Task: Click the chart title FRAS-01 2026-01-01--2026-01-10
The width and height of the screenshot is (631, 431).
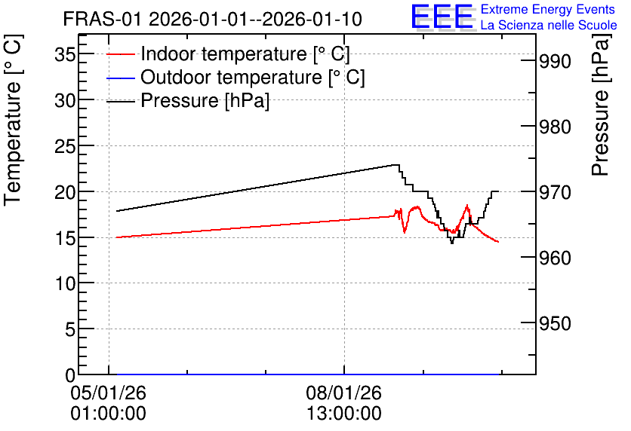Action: tap(213, 20)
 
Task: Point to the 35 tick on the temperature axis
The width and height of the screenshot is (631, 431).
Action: tap(65, 54)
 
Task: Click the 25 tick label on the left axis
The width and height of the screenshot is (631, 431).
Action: tap(65, 146)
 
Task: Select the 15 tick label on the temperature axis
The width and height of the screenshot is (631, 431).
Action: tap(65, 238)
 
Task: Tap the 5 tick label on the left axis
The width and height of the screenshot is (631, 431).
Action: tap(70, 330)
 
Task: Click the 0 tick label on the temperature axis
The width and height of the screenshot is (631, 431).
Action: tap(70, 375)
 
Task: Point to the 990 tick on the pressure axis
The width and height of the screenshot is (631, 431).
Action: tap(555, 62)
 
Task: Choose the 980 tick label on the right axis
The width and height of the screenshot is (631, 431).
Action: tap(555, 127)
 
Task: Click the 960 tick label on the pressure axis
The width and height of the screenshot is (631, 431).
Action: tap(555, 258)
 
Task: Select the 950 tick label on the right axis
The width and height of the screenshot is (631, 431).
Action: tap(555, 323)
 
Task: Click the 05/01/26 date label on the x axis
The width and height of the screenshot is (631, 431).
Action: tap(108, 393)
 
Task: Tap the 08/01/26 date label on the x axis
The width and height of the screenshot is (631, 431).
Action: tap(343, 393)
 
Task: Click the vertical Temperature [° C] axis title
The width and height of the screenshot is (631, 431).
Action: tap(13, 120)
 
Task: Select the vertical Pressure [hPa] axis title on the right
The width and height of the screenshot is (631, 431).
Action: tap(600, 105)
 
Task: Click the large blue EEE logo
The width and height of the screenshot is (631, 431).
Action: tap(442, 17)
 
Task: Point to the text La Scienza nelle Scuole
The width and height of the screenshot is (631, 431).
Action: tap(549, 26)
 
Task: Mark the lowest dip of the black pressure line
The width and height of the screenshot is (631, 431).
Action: tap(452, 243)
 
